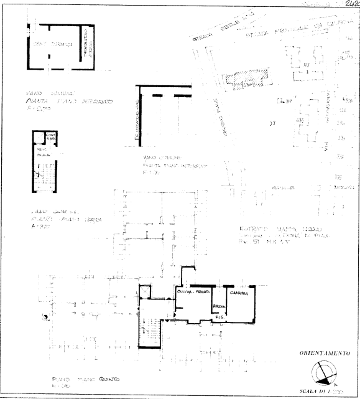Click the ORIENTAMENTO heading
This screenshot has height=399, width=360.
(323, 352)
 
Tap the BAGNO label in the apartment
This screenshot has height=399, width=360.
(218, 308)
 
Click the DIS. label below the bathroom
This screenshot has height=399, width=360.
(218, 317)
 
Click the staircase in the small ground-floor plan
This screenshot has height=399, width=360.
(44, 171)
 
